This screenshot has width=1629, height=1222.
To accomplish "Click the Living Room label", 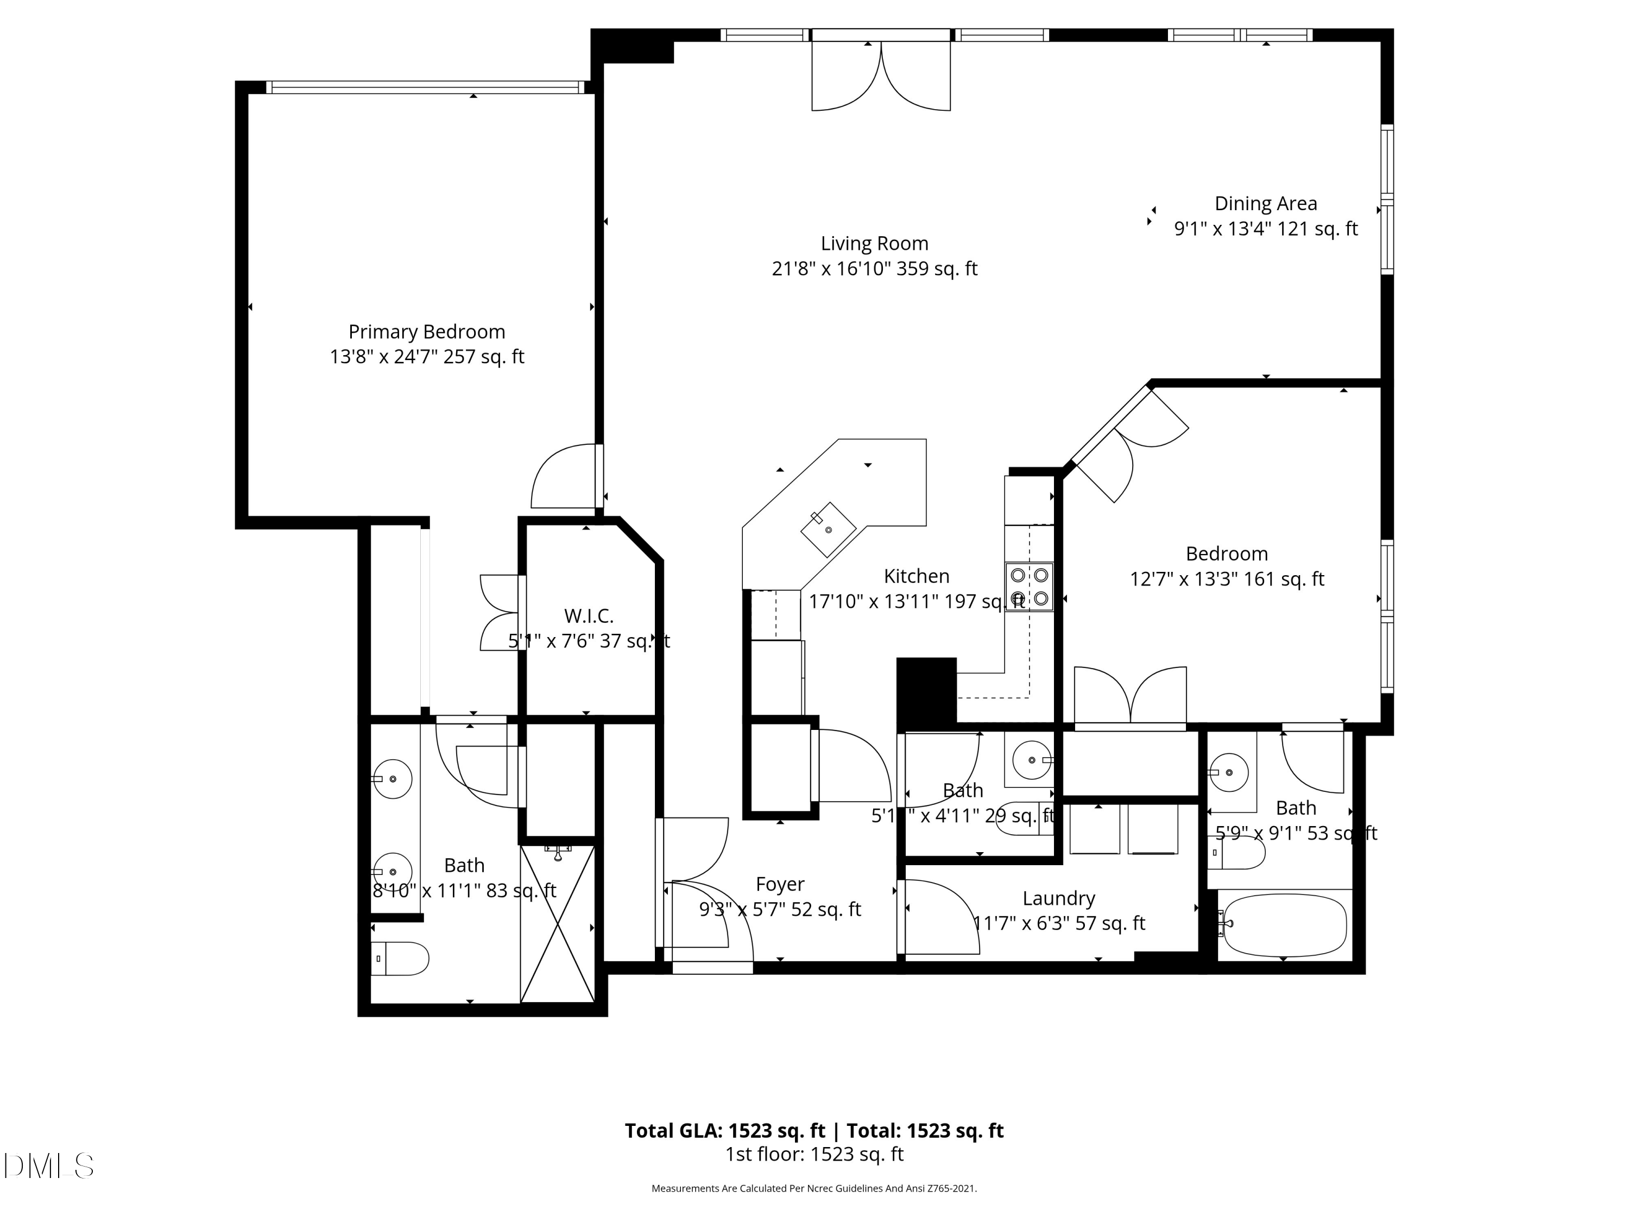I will point(874,243).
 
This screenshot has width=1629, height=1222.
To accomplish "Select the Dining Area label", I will point(1265,203).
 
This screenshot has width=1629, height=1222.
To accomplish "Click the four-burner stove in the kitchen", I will point(1029,587).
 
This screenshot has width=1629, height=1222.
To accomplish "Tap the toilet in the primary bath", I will point(400,958).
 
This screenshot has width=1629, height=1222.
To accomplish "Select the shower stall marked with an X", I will point(558,924).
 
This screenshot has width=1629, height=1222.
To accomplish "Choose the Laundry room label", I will point(1058,898).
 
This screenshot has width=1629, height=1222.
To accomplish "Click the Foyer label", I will point(780,884).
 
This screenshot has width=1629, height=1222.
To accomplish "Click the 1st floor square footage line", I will point(814,1154).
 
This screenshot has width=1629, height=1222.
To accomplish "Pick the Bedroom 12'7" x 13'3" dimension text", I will point(1226,579).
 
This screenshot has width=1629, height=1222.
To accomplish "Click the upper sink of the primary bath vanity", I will point(392,779).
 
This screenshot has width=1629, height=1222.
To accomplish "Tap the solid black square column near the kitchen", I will point(926,689).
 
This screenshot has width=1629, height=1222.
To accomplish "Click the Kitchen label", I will point(916,576).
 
